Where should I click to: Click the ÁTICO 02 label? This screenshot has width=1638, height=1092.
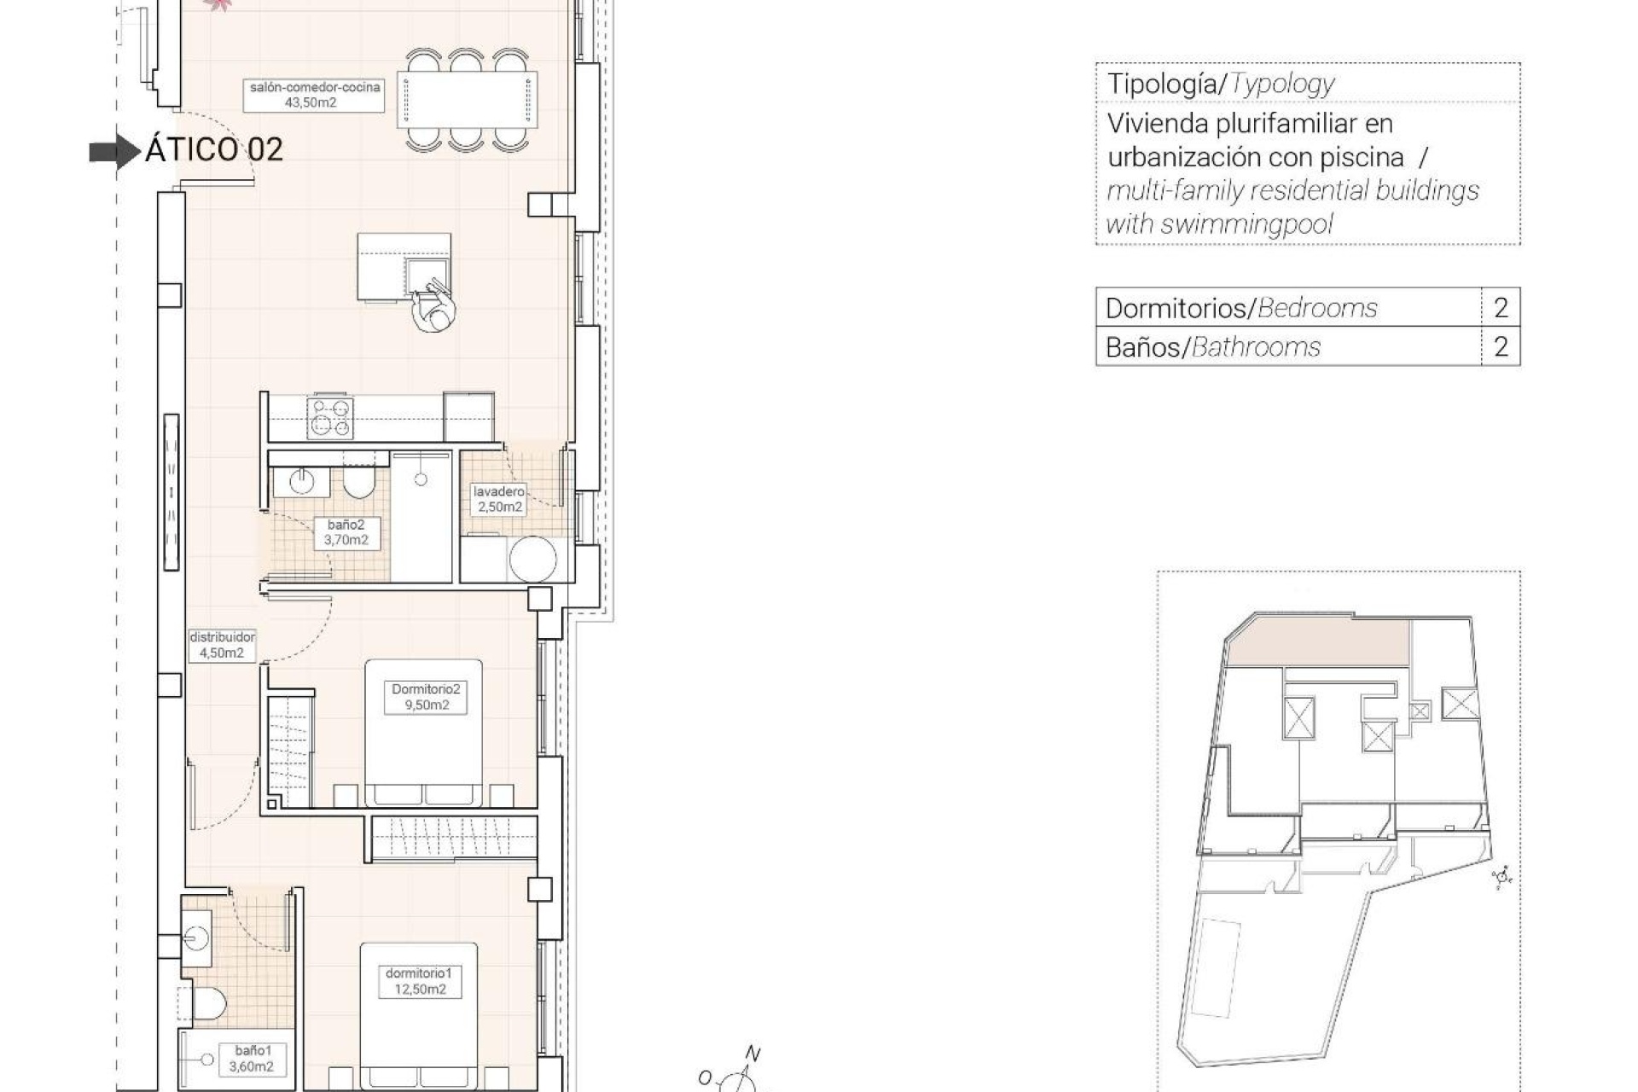pos(213,149)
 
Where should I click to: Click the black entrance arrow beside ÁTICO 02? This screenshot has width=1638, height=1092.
pos(114,152)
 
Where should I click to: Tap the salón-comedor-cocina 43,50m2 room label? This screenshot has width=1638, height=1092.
pos(314,95)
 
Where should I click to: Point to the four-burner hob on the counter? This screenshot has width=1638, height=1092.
pos(330,417)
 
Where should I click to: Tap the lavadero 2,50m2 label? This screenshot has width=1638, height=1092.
pos(500,499)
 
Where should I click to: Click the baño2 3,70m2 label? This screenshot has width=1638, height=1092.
pos(346,532)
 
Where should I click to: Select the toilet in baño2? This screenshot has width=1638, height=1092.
pos(357,483)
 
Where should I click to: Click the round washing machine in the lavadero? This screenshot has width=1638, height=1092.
pos(533,559)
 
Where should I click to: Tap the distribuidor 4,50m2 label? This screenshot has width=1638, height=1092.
pos(222,645)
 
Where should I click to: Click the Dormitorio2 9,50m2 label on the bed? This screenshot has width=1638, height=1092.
pos(426,697)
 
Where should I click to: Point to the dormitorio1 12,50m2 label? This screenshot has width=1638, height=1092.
pos(419,981)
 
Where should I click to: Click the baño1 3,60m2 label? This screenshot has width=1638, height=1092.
pos(251,1059)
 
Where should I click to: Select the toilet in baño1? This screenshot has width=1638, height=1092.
pos(206,1004)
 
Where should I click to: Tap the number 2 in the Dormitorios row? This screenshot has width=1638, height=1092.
pos(1501,307)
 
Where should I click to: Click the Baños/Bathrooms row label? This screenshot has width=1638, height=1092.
pos(1212,347)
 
